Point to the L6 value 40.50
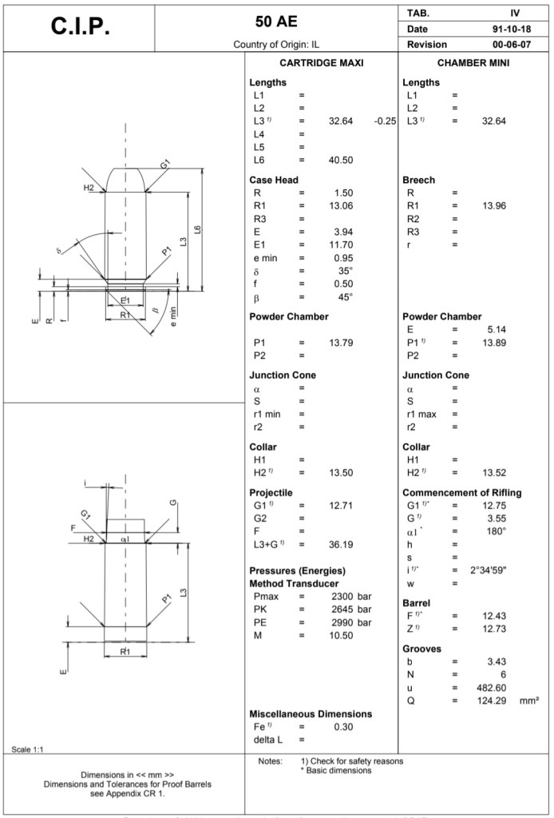[x=341, y=160]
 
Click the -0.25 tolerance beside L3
[x=385, y=121]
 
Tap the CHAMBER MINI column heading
[x=474, y=62]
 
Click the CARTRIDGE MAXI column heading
[x=322, y=62]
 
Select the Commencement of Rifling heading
[x=461, y=493]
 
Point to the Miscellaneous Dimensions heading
[x=311, y=713]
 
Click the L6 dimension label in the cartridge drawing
[x=197, y=230]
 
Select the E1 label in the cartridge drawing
[x=125, y=300]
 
